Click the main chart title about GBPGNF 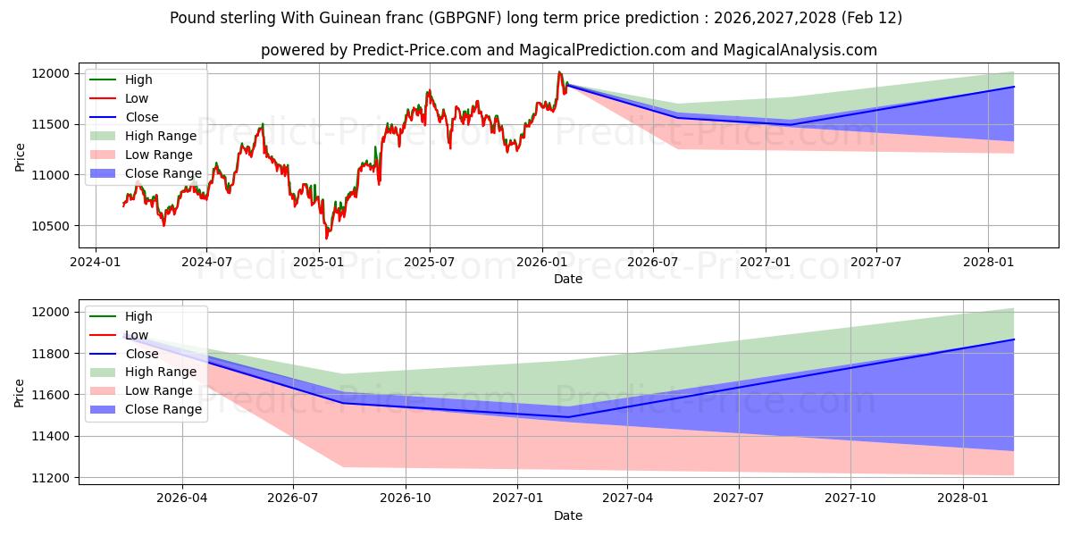536,18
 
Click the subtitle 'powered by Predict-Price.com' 568,51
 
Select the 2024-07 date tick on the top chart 206,262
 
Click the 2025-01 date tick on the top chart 318,262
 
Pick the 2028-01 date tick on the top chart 988,262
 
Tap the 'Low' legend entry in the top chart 137,98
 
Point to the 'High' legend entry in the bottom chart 138,316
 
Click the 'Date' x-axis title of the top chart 568,279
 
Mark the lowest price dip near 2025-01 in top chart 326,239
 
